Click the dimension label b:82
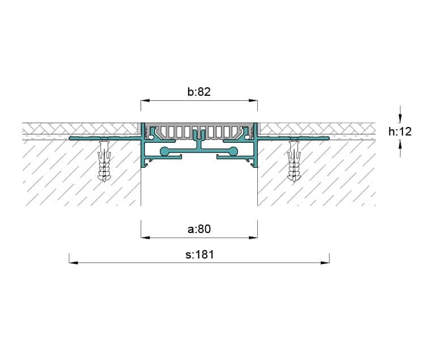tap(199, 92)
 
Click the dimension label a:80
tap(199, 229)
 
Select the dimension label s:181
tap(200, 255)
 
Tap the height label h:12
tap(400, 132)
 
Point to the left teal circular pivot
tap(164, 151)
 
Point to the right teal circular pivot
tap(233, 151)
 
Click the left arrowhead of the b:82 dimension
tap(145, 101)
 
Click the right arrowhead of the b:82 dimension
tap(253, 101)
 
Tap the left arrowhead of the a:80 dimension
tap(145, 238)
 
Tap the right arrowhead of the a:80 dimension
tap(253, 238)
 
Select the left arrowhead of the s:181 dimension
tap(74, 262)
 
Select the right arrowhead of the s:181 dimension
tap(325, 262)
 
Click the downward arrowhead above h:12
tap(400, 118)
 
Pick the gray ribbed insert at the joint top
tap(199, 132)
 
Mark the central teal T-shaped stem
tap(199, 142)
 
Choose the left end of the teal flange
tap(70, 138)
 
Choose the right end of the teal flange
tap(328, 138)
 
